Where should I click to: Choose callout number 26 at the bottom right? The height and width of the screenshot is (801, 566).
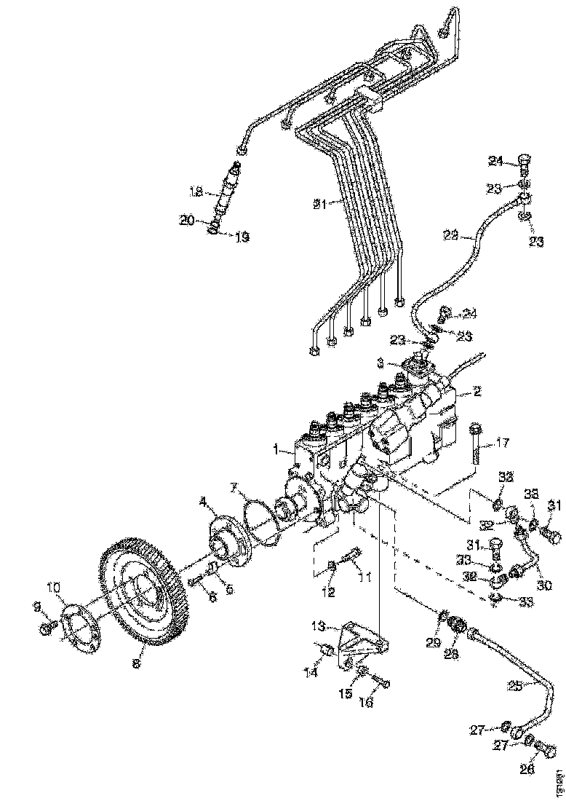pos(528,770)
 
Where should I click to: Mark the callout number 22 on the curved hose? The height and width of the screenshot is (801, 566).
pos(451,235)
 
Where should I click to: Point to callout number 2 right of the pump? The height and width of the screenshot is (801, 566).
pos(477,391)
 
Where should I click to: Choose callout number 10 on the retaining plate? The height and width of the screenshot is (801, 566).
pos(55,586)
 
